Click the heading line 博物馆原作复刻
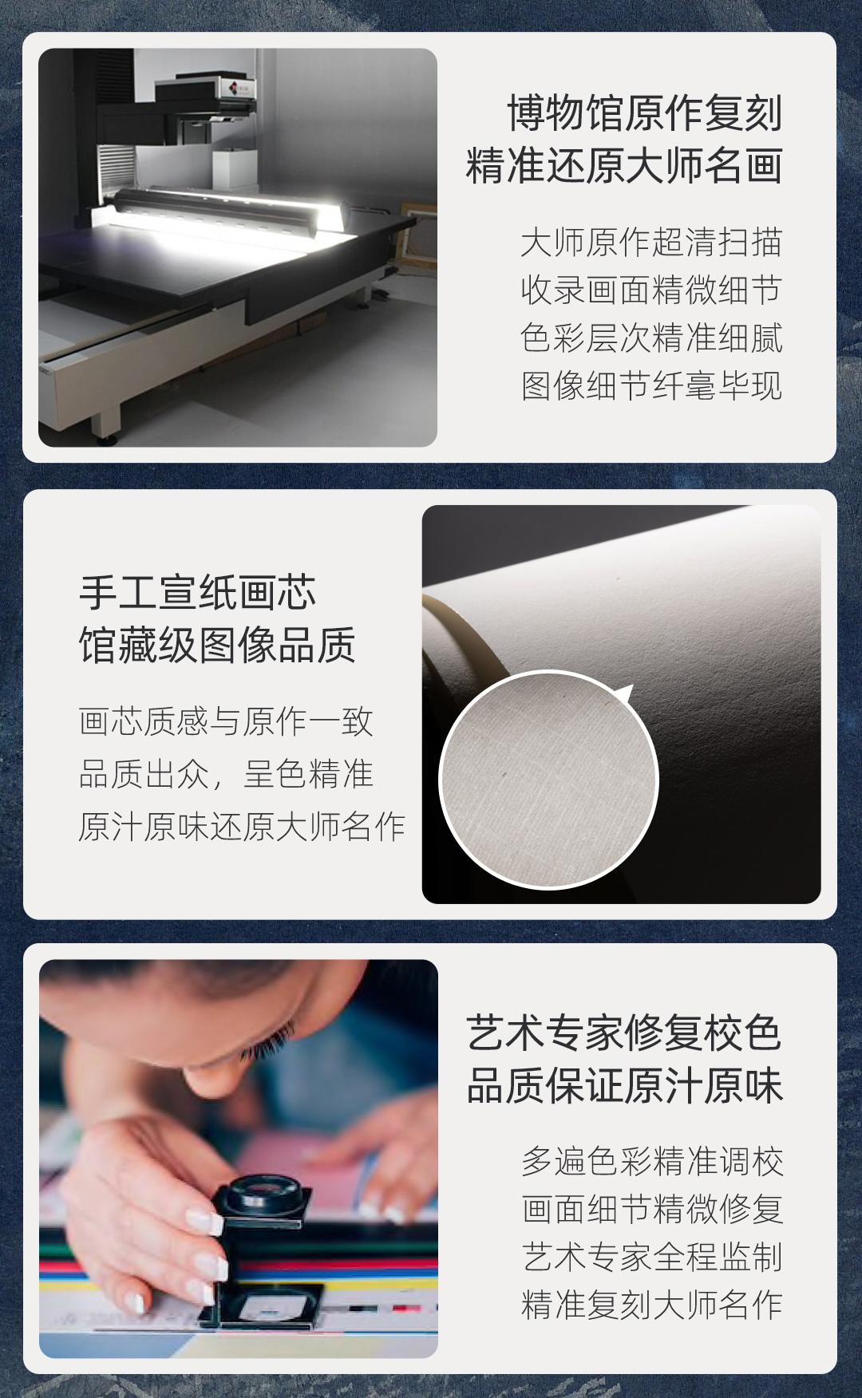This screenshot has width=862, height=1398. click(645, 113)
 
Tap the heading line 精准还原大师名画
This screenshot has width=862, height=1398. click(624, 165)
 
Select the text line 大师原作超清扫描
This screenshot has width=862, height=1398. click(651, 243)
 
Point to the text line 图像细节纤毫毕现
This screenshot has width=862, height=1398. click(651, 386)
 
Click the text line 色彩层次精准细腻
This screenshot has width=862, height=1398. click(651, 338)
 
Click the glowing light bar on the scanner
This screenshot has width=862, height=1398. click(227, 209)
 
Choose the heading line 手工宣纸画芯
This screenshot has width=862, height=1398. click(197, 593)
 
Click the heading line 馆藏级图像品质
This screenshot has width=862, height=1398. click(217, 646)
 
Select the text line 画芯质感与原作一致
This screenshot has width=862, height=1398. click(226, 721)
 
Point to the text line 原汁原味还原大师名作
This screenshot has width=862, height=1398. click(242, 827)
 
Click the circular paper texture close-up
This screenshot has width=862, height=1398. click(549, 780)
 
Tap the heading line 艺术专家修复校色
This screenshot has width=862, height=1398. click(624, 1033)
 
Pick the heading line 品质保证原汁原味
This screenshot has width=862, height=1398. click(624, 1085)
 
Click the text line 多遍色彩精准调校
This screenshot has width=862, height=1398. click(652, 1161)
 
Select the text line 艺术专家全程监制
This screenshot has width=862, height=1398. click(652, 1257)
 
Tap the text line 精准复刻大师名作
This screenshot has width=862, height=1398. click(652, 1305)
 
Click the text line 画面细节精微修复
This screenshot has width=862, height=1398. click(652, 1209)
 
